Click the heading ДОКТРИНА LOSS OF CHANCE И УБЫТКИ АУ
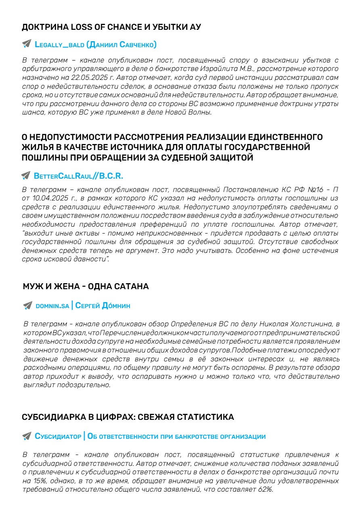coord(111,27)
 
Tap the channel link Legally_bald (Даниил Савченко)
coord(96,44)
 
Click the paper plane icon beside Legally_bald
coord(27,44)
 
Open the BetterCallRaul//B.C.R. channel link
coord(79,176)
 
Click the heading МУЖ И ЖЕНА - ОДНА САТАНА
coord(86,287)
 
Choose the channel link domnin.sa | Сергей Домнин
coord(83,306)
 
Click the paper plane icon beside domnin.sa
coord(27,306)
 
